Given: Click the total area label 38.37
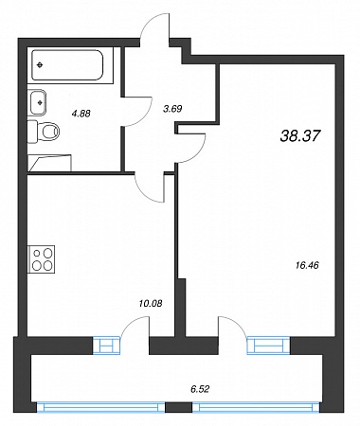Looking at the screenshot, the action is (300, 136).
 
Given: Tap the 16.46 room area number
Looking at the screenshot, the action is (307, 265).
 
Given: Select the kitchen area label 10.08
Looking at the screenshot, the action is (151, 304).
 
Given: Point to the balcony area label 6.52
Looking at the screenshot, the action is (200, 389).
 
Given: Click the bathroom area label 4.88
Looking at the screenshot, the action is (81, 113).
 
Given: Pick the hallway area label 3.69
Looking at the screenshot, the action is (172, 109).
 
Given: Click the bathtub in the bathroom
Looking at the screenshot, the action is (67, 65).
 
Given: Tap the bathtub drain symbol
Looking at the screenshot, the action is (40, 65).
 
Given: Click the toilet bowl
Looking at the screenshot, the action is (47, 131).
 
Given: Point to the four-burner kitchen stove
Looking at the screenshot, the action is (42, 258).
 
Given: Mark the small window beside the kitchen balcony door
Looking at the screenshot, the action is (107, 346).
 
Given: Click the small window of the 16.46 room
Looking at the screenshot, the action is (268, 346).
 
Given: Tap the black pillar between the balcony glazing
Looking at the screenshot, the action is (179, 407).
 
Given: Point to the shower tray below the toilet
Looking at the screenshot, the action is (49, 163).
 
